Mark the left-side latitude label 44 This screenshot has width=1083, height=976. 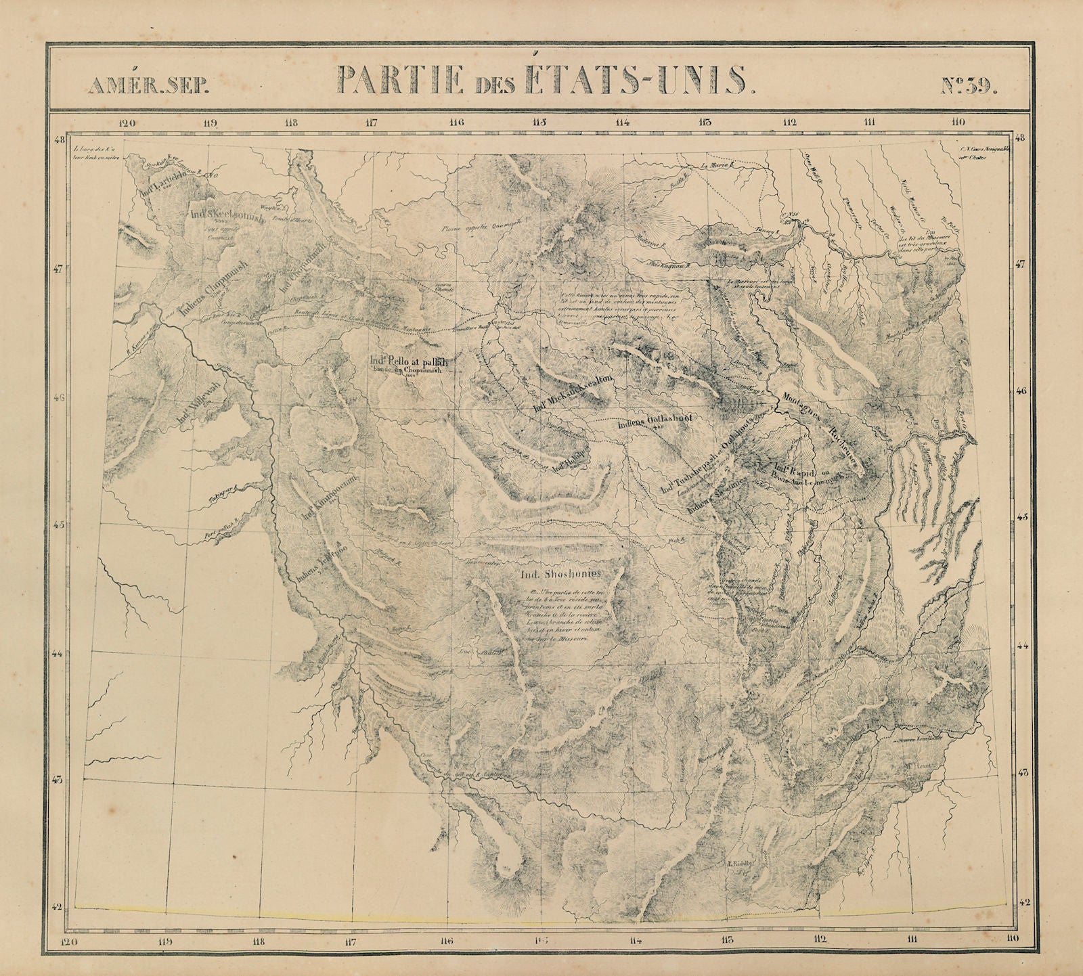tap(59, 654)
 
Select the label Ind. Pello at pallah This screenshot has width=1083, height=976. tap(405, 361)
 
